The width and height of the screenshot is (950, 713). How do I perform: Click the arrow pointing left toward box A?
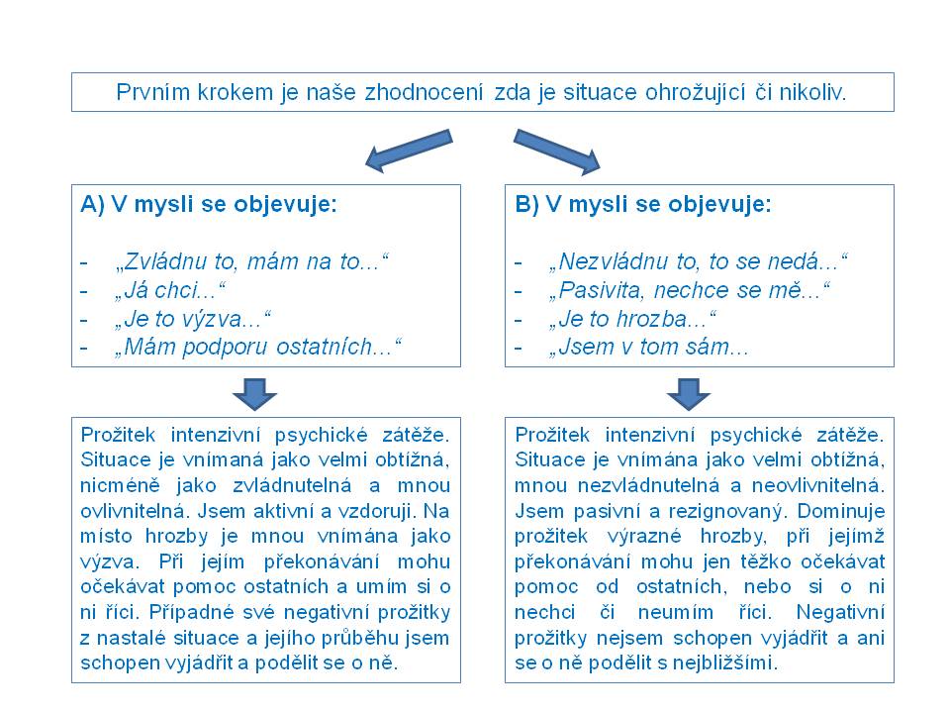pyautogui.click(x=407, y=150)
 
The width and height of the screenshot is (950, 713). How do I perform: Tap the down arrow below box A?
pyautogui.click(x=254, y=393)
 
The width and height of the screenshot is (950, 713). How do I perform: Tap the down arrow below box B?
pyautogui.click(x=689, y=393)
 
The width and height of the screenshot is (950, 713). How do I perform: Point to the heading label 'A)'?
pyautogui.click(x=92, y=206)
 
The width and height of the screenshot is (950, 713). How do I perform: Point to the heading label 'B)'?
pyautogui.click(x=526, y=206)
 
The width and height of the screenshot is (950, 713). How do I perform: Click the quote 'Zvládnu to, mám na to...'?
pyautogui.click(x=252, y=262)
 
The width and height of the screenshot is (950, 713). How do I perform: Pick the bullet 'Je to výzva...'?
pyautogui.click(x=193, y=319)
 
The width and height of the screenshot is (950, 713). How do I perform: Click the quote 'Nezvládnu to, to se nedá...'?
pyautogui.click(x=698, y=262)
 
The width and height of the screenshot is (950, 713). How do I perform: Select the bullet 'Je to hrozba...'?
pyautogui.click(x=632, y=319)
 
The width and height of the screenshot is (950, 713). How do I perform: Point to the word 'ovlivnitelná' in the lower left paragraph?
pyautogui.click(x=124, y=511)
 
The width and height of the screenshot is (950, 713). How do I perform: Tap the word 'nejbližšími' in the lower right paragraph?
pyautogui.click(x=730, y=663)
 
